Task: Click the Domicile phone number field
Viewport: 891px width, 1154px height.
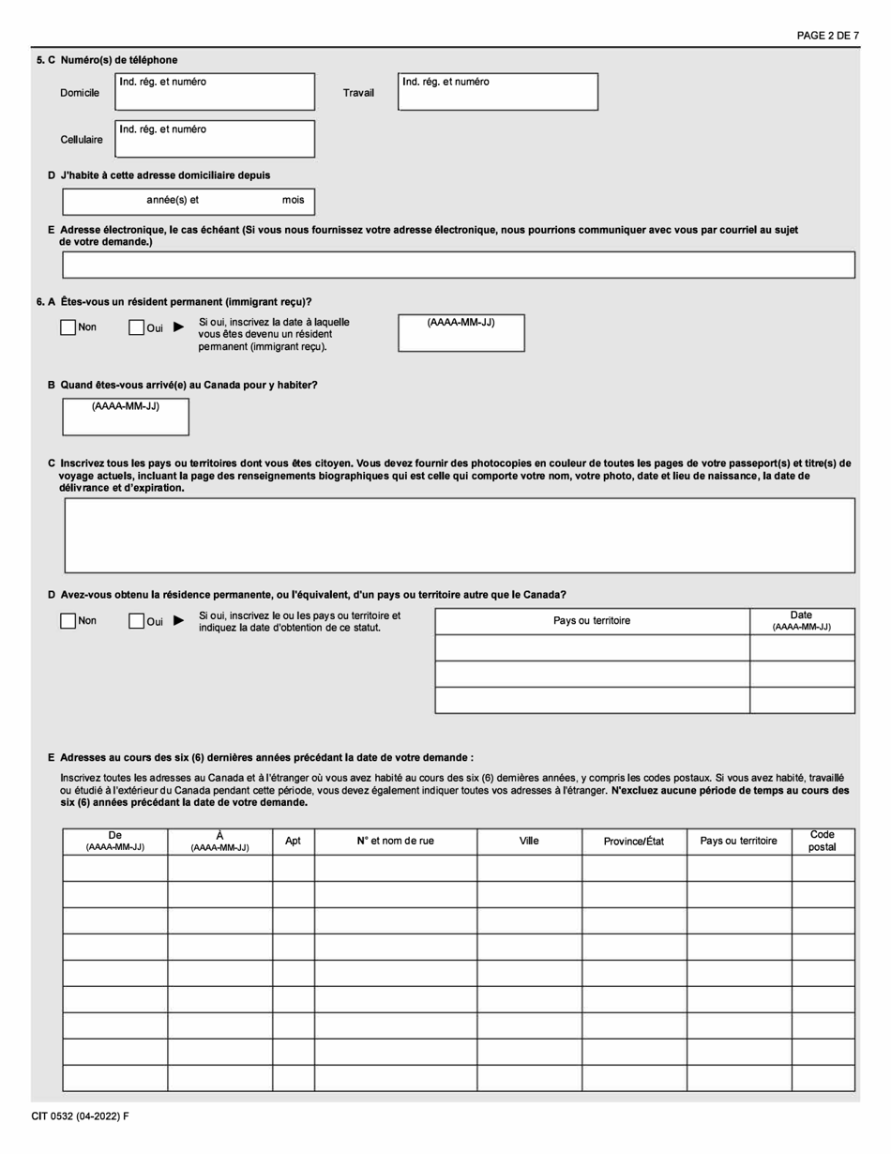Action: click(x=215, y=96)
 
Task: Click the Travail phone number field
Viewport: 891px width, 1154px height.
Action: click(x=497, y=96)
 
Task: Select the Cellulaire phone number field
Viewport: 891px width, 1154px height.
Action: click(x=215, y=143)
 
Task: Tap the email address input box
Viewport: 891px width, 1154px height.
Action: click(x=458, y=265)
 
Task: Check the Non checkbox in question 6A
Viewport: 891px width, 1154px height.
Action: click(x=68, y=327)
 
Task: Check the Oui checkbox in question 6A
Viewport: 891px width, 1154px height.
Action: click(x=136, y=327)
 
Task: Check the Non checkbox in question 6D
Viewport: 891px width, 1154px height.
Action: click(x=68, y=621)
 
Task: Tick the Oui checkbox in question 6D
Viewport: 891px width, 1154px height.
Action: click(x=136, y=621)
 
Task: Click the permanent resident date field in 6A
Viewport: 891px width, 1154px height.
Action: click(x=461, y=338)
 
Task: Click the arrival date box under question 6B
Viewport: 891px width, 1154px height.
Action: click(x=126, y=422)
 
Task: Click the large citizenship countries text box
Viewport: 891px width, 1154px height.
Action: click(x=459, y=535)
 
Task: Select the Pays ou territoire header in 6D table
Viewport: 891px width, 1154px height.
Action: click(x=592, y=621)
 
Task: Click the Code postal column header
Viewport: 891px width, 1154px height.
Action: click(x=823, y=841)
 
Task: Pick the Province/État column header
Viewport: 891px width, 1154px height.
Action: click(x=634, y=842)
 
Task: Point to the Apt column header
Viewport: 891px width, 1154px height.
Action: click(x=293, y=842)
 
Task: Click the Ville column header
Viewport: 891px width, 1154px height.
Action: click(x=529, y=841)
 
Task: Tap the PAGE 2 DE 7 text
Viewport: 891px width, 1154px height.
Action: click(x=827, y=36)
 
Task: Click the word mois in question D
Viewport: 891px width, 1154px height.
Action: click(x=293, y=201)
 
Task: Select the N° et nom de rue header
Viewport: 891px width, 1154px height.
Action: click(x=395, y=841)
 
